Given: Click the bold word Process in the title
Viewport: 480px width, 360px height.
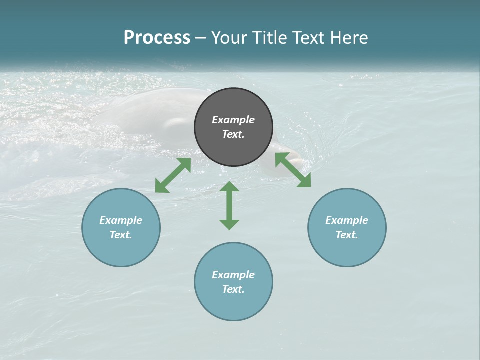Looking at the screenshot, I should click(157, 38).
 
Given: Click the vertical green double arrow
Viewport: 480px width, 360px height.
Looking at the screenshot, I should click(229, 205).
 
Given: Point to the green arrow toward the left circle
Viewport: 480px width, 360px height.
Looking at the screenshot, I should click(173, 175).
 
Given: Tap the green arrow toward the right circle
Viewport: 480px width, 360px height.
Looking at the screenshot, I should click(293, 170).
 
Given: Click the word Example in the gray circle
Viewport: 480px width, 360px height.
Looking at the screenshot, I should click(233, 120).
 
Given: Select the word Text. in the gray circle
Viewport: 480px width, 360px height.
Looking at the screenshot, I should click(233, 134).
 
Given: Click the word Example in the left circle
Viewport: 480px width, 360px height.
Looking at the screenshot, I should click(121, 220).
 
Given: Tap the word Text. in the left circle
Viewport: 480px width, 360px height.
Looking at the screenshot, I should click(121, 235).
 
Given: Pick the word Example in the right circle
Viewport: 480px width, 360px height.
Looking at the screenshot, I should click(347, 220).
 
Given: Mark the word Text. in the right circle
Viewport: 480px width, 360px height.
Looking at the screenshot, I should click(347, 235).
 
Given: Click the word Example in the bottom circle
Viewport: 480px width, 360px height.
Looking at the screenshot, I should click(233, 275).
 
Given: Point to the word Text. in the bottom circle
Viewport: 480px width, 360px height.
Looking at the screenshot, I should click(233, 289).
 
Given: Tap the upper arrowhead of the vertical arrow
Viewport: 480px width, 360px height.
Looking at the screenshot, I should click(229, 187).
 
